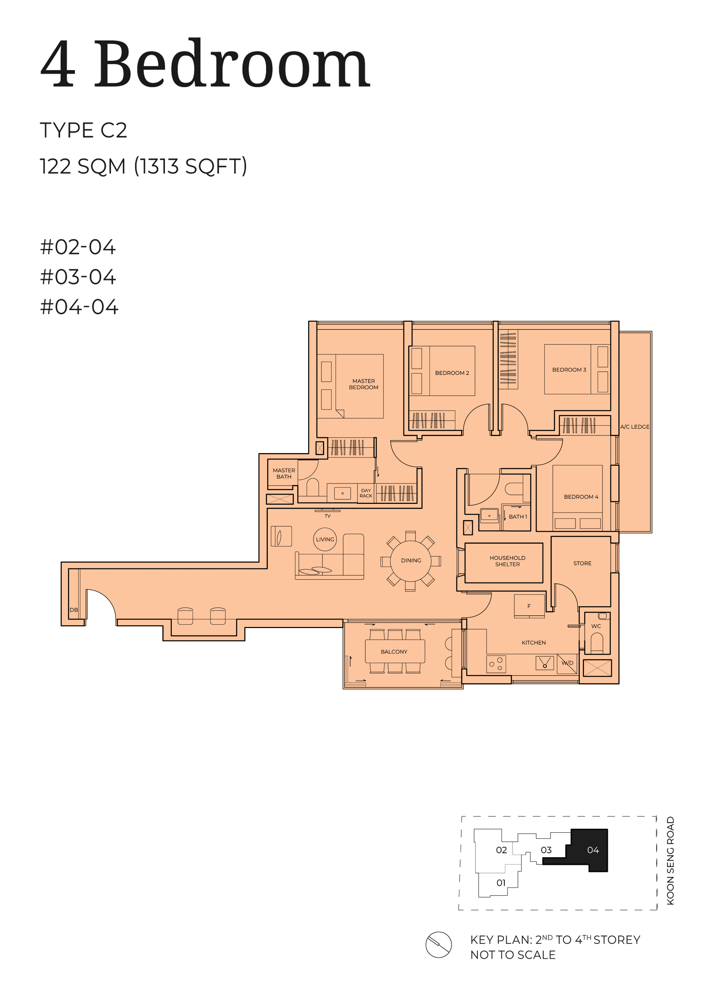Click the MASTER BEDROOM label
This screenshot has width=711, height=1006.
click(363, 384)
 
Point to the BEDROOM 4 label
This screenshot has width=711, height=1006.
click(581, 497)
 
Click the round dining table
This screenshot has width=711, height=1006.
click(411, 560)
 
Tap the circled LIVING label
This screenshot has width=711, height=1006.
click(325, 539)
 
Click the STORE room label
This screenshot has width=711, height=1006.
click(582, 564)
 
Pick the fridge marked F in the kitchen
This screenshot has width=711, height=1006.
click(529, 606)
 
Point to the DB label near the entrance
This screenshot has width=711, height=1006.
click(74, 610)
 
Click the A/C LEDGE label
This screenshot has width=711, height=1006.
click(635, 427)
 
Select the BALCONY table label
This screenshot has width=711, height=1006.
click(394, 652)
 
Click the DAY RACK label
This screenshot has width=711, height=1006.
click(366, 493)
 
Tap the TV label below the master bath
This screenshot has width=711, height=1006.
click(327, 516)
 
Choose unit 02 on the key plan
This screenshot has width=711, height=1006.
click(501, 850)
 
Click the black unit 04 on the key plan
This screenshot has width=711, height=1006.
click(587, 850)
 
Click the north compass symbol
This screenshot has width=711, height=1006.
click(439, 945)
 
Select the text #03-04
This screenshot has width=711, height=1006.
click(78, 277)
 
